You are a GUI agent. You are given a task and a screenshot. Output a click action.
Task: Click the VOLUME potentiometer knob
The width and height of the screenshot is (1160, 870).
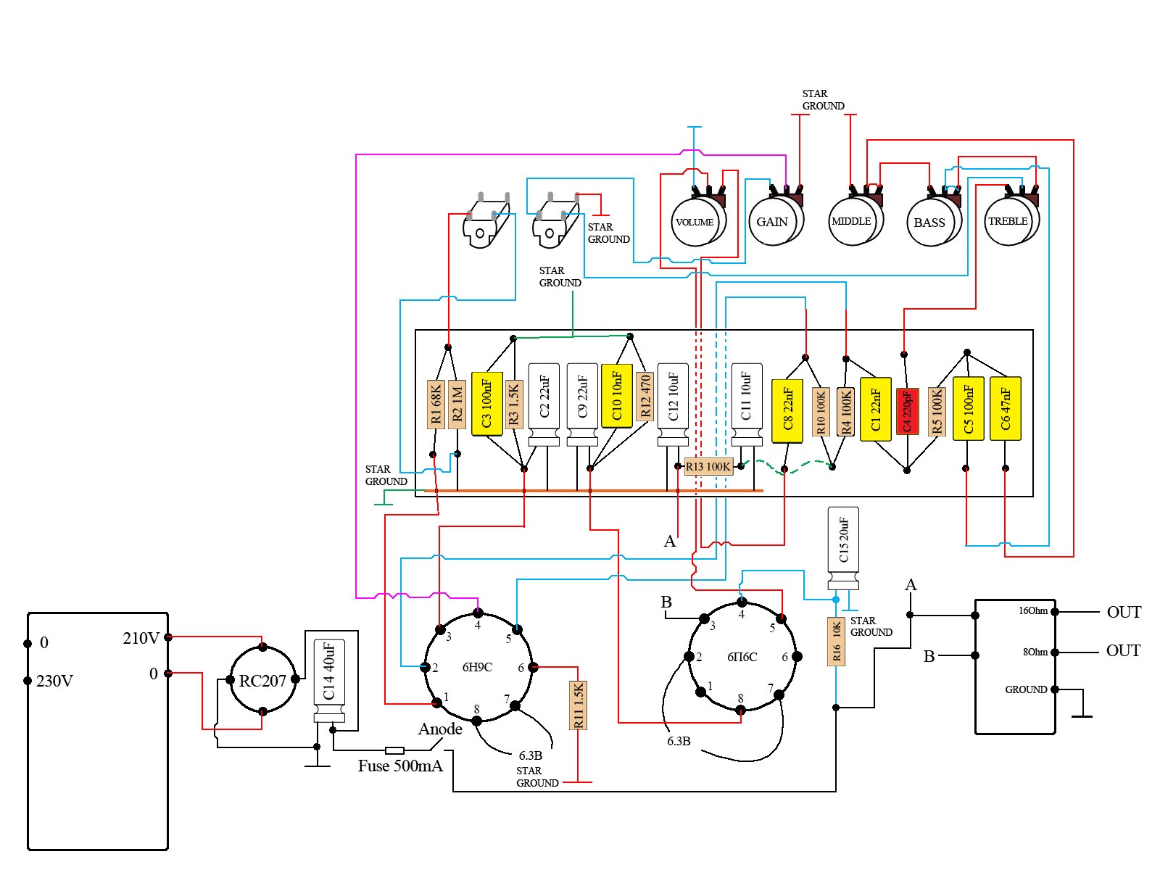click(695, 222)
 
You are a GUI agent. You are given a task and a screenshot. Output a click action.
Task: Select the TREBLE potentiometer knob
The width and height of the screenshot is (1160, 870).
click(1008, 221)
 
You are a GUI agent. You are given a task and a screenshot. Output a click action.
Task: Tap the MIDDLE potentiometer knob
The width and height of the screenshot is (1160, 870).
click(851, 221)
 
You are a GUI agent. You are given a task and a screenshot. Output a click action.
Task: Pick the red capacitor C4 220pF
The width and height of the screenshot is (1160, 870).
click(906, 410)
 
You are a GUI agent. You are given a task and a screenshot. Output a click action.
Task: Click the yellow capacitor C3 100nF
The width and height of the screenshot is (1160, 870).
click(486, 404)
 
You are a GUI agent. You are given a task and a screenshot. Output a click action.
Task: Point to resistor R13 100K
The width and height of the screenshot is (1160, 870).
click(708, 467)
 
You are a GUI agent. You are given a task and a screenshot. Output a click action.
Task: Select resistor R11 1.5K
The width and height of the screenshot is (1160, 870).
click(579, 705)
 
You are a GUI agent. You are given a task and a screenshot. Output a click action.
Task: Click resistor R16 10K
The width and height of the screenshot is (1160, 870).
click(837, 642)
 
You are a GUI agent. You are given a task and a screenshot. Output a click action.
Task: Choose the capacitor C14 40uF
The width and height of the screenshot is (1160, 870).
click(329, 680)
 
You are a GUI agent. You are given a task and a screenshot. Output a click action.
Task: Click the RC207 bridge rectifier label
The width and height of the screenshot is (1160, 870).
click(262, 681)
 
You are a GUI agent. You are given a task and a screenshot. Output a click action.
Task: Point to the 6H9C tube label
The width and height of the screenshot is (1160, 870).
click(477, 667)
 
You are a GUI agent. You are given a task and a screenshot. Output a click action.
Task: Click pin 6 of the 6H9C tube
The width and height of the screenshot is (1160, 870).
click(533, 667)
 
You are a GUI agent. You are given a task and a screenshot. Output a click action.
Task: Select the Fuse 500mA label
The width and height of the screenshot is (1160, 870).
click(400, 766)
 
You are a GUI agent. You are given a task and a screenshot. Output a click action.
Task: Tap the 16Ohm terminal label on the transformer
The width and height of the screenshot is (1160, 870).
click(1032, 611)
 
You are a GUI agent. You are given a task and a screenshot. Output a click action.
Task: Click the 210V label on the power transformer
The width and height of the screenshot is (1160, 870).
click(141, 638)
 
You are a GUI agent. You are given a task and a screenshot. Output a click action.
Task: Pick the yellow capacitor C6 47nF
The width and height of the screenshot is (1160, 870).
click(1005, 408)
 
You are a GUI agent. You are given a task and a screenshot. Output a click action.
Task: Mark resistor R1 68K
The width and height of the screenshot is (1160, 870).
click(435, 405)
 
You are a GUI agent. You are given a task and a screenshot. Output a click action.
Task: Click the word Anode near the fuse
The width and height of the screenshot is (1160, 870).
click(440, 729)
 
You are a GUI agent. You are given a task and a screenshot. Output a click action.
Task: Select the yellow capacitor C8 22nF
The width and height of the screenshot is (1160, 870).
click(787, 410)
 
